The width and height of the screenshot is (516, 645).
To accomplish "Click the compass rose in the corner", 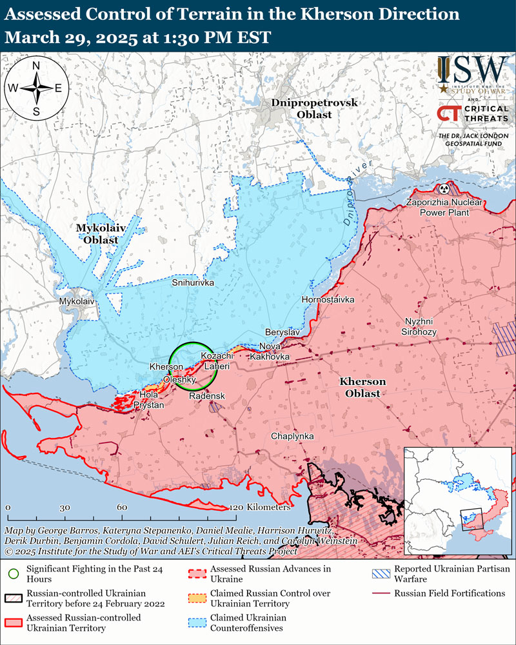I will coord(37,88).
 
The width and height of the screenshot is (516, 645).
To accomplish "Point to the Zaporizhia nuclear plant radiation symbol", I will coord(444,189).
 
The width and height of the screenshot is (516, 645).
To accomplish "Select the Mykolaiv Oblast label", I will coord(97,234).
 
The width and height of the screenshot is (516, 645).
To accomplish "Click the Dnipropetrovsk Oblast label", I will coord(301,108).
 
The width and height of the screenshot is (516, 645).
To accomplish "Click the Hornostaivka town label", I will coord(328,300).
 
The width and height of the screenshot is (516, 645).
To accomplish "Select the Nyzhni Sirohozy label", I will coord(421,326).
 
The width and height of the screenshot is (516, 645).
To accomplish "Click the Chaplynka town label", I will coord(292,437).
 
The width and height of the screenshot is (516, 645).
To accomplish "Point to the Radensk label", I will coord(207,395).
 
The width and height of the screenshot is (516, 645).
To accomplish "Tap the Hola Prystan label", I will coord(148,399).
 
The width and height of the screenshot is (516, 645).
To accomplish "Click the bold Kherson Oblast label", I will coord(362,388).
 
